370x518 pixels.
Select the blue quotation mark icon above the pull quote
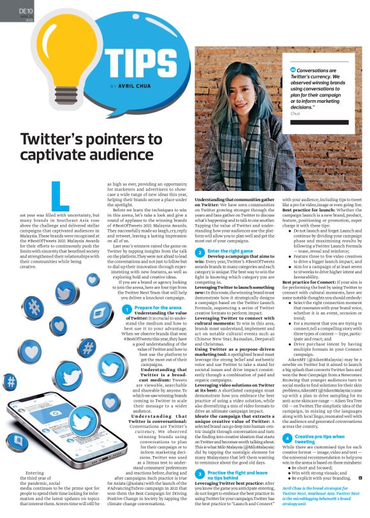click(x=293, y=68)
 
